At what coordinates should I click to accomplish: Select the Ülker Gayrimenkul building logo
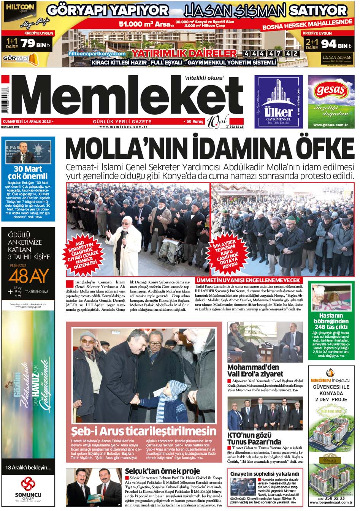click(278, 95)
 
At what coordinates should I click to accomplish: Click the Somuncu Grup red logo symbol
click(28, 484)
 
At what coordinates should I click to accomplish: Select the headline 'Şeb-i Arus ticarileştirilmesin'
click(144, 431)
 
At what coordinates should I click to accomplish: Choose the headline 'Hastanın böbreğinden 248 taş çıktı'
click(330, 321)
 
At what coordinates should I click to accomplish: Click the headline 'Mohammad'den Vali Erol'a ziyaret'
click(253, 370)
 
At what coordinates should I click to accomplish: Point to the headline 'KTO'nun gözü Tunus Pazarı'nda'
click(254, 438)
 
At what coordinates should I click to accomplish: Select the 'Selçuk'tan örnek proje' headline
click(162, 471)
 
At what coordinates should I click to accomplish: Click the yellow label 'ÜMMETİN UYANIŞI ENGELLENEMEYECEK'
click(248, 280)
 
